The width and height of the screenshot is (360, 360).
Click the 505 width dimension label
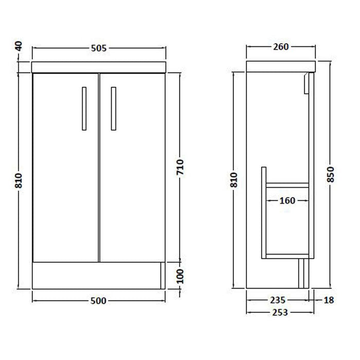[x=99, y=49]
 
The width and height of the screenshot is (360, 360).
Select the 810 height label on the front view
[x=20, y=179]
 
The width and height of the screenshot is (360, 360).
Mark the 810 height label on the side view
[x=234, y=179]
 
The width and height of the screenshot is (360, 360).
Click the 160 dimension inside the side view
[x=287, y=201]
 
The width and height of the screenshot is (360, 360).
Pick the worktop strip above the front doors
[x=99, y=67]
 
